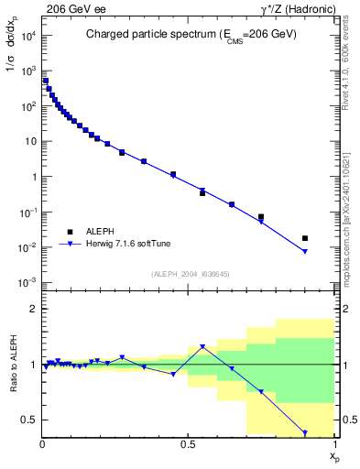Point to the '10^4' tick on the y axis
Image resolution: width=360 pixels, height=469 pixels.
(x=27, y=35)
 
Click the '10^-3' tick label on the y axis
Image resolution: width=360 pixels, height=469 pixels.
(x=27, y=283)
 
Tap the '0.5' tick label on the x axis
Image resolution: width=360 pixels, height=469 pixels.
(x=188, y=444)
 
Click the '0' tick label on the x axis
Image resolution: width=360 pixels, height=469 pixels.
(x=43, y=444)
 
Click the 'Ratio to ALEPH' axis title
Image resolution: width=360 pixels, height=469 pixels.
(x=12, y=365)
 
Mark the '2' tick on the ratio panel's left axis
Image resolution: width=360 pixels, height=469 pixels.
(x=34, y=310)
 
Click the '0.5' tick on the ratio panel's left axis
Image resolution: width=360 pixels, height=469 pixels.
(x=31, y=420)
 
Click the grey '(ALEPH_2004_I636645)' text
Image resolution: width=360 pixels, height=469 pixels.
(x=190, y=273)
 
